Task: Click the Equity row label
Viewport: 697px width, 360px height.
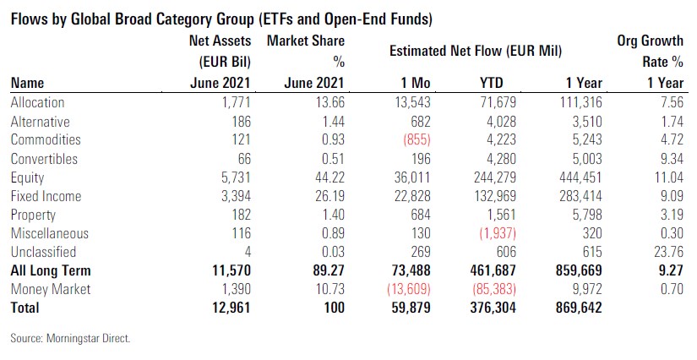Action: click(28, 178)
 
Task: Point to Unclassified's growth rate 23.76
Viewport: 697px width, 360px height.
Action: click(667, 252)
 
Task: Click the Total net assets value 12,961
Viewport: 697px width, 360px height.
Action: click(228, 308)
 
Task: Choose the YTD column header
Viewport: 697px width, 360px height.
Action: click(491, 83)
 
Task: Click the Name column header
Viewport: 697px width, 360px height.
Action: click(28, 83)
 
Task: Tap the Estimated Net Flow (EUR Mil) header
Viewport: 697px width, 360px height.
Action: click(476, 51)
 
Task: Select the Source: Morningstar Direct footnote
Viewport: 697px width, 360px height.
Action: click(70, 339)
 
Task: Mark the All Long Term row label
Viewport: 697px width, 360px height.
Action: click(50, 270)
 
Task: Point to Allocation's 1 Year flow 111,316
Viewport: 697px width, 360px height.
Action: click(579, 102)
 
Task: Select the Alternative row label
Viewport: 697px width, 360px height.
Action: click(40, 122)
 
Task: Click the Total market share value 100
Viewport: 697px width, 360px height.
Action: click(333, 308)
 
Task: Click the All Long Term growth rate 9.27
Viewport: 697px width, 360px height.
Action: click(669, 270)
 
